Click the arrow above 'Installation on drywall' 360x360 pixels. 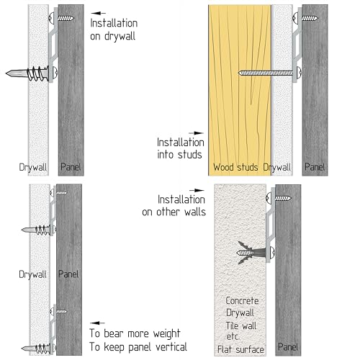click(x=99, y=13)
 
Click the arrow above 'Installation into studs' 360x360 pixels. click(x=196, y=132)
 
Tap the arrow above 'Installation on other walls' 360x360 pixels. click(x=197, y=190)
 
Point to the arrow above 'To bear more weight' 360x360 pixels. click(x=97, y=323)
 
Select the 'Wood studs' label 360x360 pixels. click(x=235, y=167)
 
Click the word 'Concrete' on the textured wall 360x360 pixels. click(x=242, y=301)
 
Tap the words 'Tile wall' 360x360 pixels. click(x=241, y=325)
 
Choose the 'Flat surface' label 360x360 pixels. click(x=240, y=349)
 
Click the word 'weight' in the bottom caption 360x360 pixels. click(x=166, y=333)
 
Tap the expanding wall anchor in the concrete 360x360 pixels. click(x=252, y=253)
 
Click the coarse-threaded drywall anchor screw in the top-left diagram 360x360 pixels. click(x=32, y=73)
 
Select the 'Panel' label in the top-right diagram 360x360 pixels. click(x=315, y=167)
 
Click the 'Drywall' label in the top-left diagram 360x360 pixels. click(x=33, y=167)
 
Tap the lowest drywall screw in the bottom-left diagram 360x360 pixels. click(x=39, y=348)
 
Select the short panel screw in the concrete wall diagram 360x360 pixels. click(x=279, y=198)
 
